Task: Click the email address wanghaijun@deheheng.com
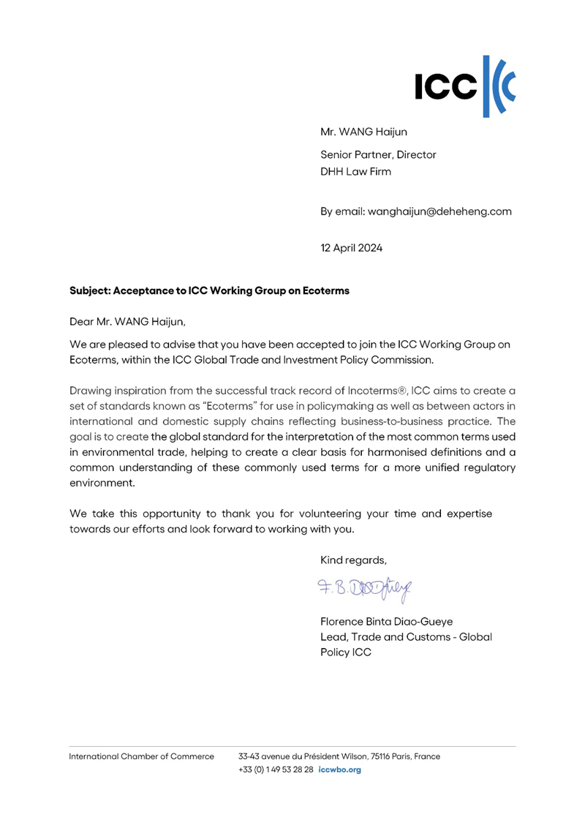click(416, 211)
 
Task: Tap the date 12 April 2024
click(351, 247)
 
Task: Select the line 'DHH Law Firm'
click(356, 172)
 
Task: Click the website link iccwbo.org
click(341, 770)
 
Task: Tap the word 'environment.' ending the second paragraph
click(102, 483)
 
